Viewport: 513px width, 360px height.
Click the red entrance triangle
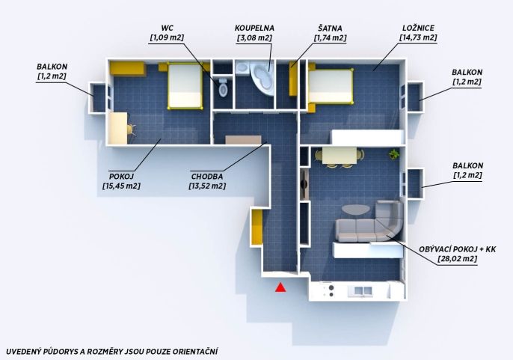coord(280,287)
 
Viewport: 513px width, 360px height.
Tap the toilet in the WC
coord(223,87)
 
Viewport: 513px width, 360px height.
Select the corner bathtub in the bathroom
coord(262,77)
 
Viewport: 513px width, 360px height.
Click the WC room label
coord(168,28)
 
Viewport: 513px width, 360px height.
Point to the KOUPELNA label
coord(254,28)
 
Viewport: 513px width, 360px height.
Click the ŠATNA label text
coord(330,28)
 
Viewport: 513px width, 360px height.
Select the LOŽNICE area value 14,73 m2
coord(418,37)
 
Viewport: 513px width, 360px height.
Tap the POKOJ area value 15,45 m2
coord(121,186)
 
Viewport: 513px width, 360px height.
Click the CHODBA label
coord(207,177)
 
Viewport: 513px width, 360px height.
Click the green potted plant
coord(394,154)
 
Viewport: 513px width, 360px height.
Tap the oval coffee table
coord(356,210)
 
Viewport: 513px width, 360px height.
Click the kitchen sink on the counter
coord(363,290)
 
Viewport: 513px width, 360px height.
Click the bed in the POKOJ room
coord(185,86)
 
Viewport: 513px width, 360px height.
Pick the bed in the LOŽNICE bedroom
coord(331,86)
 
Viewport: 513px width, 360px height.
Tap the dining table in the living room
coord(340,155)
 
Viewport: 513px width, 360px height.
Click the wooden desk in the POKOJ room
coord(118,128)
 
